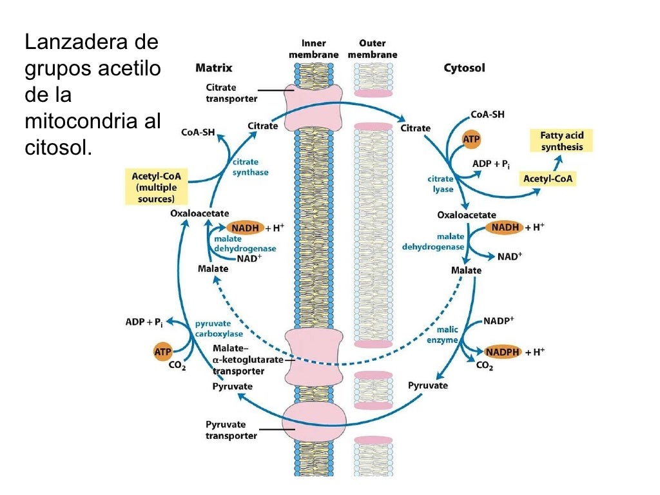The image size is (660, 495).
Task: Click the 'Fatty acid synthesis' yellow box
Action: (561, 141)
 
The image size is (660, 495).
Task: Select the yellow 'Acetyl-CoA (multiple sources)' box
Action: (156, 187)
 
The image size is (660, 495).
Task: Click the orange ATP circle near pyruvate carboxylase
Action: (162, 352)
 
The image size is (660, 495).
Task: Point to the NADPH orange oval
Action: (502, 352)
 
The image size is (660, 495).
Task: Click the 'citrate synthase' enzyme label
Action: (250, 168)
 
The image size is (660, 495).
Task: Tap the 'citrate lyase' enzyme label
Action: (440, 184)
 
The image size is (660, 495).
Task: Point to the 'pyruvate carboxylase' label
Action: (218, 329)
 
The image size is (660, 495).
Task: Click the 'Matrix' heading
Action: (213, 68)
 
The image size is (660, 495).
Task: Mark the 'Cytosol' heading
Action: (464, 68)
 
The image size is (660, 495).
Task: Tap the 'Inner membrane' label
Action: (313, 49)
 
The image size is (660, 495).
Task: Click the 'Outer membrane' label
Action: (373, 49)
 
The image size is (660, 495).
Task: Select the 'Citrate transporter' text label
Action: (231, 93)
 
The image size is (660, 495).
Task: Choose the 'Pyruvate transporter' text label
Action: (231, 430)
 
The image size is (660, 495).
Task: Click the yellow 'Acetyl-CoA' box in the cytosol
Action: (548, 179)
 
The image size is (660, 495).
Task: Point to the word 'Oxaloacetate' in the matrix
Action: (199, 212)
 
